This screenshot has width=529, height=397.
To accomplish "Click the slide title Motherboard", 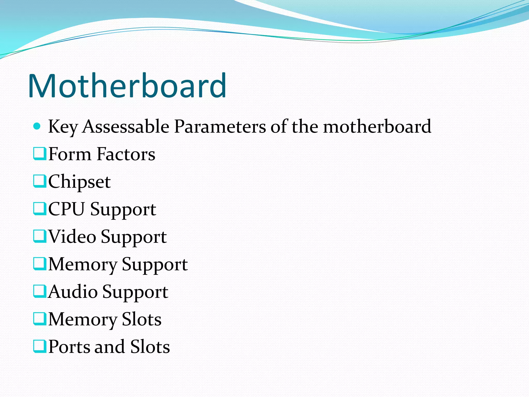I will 127,86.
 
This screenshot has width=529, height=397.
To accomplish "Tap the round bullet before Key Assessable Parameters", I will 37,126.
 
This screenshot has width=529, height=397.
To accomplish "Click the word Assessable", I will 126,127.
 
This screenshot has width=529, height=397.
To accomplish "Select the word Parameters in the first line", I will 220,127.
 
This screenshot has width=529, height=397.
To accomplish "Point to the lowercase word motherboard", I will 377,127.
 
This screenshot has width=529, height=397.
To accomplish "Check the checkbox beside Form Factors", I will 40,154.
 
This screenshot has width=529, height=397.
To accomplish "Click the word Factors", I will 126,154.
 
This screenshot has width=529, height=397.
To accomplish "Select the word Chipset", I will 80,182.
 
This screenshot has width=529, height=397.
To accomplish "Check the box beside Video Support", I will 40,236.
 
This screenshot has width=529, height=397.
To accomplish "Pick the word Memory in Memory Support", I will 83,265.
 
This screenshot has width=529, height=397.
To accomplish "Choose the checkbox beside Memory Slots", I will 40,319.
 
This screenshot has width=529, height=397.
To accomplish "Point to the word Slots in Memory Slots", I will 142,319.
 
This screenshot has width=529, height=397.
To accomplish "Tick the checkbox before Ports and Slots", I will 40,346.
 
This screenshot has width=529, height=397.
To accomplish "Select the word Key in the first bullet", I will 63,127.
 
